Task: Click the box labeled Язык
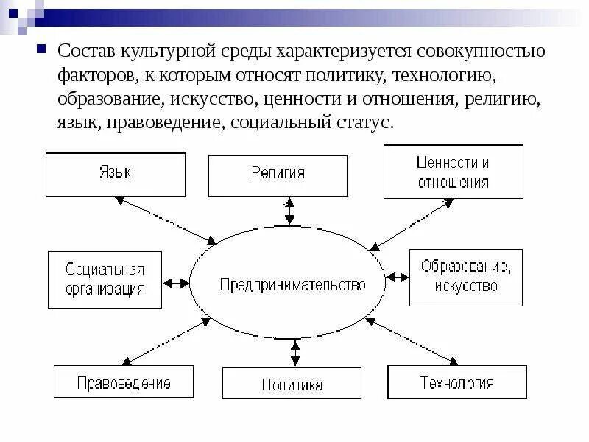[x=116, y=175]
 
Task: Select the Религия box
[x=278, y=175]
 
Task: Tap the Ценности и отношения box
[x=453, y=172]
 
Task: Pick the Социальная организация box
[x=106, y=280]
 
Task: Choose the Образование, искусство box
[x=465, y=276]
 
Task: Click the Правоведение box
[x=124, y=382]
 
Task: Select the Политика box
[x=292, y=384]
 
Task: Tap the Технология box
[x=456, y=382]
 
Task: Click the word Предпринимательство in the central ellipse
[x=292, y=285]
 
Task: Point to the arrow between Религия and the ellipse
[x=290, y=211]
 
